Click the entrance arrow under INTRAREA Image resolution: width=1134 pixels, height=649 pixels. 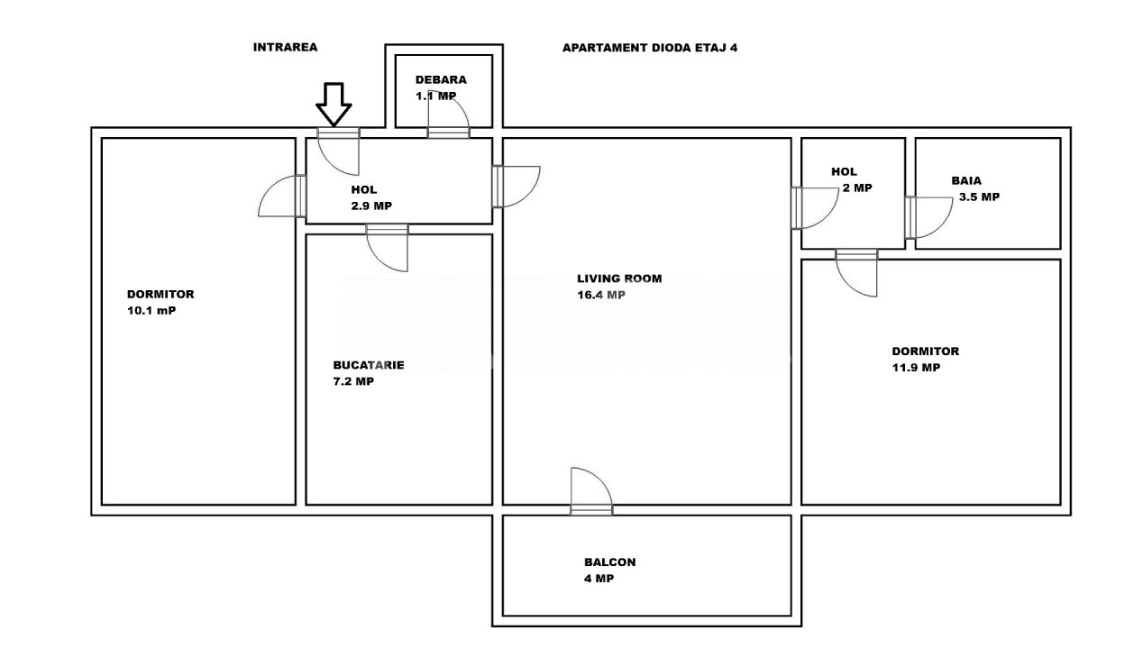334,105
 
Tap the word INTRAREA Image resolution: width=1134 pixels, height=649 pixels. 286,48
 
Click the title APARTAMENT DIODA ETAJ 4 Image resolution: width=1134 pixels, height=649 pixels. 650,48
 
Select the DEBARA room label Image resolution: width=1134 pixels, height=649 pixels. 441,79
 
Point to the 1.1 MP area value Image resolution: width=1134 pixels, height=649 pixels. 436,96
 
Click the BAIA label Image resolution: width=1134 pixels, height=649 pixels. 966,180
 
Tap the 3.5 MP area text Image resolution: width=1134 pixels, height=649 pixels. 980,197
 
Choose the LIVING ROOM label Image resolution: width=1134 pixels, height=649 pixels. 619,279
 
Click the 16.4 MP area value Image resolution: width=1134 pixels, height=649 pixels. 601,295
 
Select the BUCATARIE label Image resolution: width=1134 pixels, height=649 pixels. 369,365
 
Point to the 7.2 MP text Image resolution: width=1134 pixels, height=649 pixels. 353,381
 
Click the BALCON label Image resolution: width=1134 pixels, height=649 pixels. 610,562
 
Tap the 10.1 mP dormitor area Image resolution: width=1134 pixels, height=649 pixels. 151,310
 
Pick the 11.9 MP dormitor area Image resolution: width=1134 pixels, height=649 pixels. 917,368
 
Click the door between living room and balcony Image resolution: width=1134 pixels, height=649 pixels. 591,491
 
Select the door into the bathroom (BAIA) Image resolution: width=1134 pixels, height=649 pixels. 929,217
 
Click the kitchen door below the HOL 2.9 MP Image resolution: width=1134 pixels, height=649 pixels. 388,248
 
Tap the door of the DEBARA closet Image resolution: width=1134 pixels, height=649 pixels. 449,117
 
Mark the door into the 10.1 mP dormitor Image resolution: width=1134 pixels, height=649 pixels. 282,196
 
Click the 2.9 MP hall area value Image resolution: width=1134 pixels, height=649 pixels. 371,206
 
